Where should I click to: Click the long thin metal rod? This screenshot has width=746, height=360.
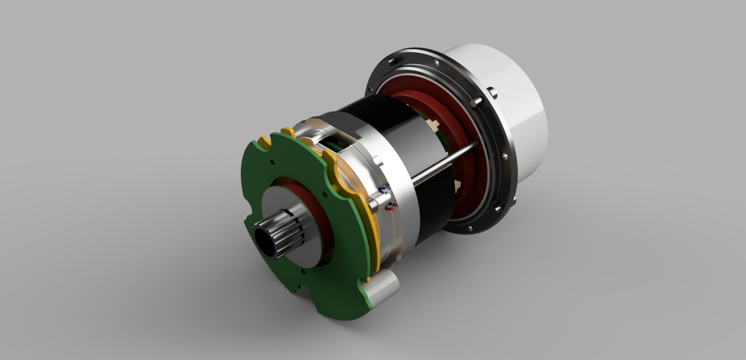click(443, 162)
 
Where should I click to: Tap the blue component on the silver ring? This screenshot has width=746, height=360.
click(385, 187)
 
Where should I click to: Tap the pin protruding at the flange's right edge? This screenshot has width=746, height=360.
click(493, 92)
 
